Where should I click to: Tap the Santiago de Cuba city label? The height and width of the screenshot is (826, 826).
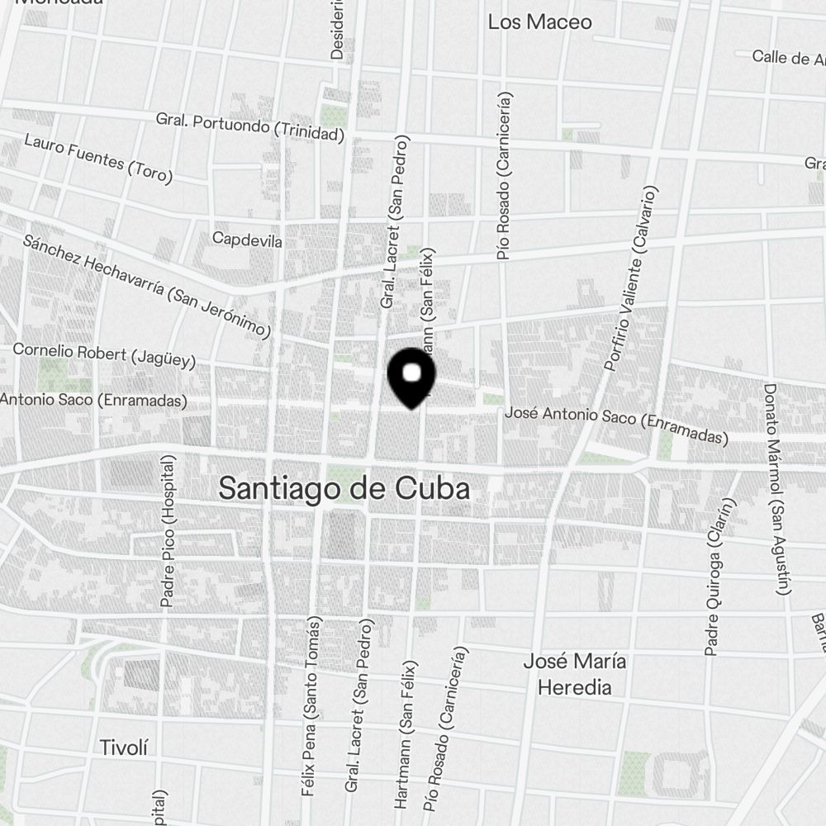tap(344, 488)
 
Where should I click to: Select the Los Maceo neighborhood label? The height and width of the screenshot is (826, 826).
tap(539, 22)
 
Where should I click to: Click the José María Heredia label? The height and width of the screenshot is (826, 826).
tap(575, 674)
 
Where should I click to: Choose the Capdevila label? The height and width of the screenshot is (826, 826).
tap(247, 240)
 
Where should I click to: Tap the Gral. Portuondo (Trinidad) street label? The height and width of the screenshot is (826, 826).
tap(249, 126)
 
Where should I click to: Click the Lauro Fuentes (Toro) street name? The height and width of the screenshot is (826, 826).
tap(97, 158)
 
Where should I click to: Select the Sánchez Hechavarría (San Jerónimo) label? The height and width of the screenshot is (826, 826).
tap(147, 286)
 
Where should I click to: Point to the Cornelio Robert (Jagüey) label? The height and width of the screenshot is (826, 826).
tap(104, 354)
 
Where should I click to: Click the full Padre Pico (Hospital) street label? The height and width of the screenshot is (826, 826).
tap(169, 532)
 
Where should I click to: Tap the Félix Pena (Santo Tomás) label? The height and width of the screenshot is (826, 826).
tap(310, 705)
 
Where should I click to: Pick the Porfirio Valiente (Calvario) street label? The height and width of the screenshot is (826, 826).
tap(634, 279)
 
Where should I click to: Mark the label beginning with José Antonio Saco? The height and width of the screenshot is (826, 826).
tap(616, 424)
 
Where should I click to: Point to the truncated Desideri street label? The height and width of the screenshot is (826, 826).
tap(337, 29)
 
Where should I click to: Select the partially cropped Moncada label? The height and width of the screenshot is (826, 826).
tap(58, 3)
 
